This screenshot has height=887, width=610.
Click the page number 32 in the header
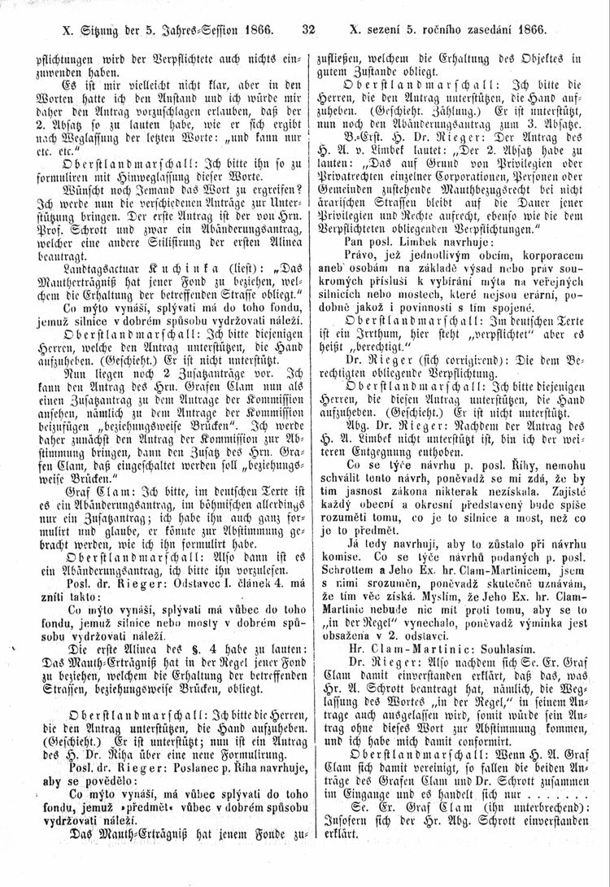307,32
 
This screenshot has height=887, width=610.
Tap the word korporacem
545,257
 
